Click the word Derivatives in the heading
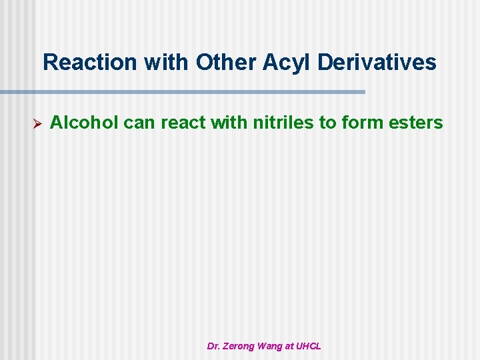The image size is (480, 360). [x=377, y=63]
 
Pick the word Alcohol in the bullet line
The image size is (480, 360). [x=85, y=123]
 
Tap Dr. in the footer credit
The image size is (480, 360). [x=214, y=346]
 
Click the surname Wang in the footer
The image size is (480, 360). [x=272, y=346]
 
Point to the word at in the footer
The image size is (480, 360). [x=290, y=346]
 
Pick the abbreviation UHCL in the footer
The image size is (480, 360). [x=309, y=346]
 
